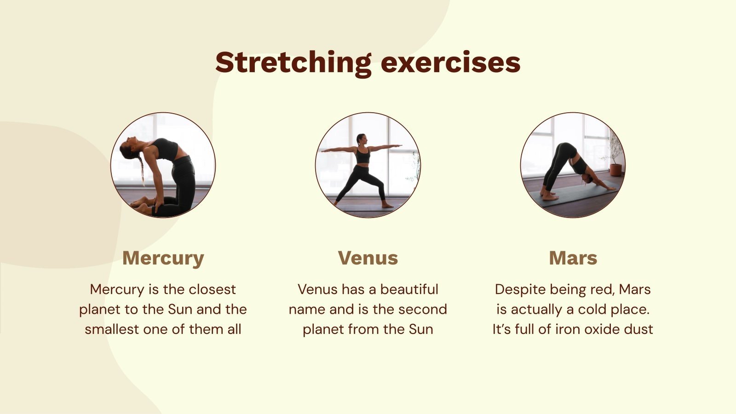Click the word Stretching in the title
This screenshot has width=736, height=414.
click(293, 63)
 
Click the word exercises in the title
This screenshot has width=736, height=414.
click(450, 63)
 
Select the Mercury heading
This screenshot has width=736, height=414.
click(163, 258)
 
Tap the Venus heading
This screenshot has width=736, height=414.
click(368, 258)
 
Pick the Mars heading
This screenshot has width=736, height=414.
click(573, 258)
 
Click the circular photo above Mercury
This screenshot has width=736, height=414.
click(163, 165)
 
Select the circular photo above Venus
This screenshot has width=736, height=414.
click(368, 165)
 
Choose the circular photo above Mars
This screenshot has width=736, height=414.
click(573, 165)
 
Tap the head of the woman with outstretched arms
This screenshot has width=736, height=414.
click(362, 138)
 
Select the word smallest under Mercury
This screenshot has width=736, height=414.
click(112, 329)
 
